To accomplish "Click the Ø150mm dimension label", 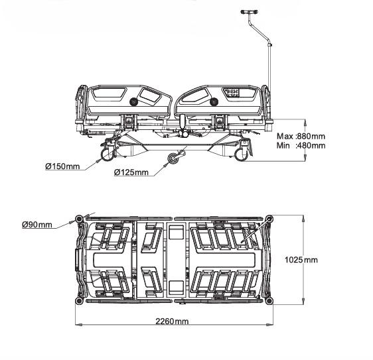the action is (62, 166).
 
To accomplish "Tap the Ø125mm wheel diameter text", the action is (131, 172).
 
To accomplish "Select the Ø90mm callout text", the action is (37, 224).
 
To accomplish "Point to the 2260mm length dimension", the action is (172, 322).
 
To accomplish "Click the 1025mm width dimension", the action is (301, 260).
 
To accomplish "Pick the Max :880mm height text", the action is (301, 136).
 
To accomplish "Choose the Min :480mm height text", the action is (301, 145).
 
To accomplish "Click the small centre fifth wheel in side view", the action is (173, 158).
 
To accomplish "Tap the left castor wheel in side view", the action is (108, 154).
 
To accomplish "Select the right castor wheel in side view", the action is (241, 154).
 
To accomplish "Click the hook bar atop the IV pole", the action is (249, 12).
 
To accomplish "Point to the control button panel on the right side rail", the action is (232, 92).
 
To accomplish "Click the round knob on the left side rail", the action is (133, 102).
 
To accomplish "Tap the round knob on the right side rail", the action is (214, 102).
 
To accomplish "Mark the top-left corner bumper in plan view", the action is (79, 219).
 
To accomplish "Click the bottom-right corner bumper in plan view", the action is (269, 301).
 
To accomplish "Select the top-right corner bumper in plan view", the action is (269, 219).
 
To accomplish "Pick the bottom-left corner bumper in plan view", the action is (79, 301).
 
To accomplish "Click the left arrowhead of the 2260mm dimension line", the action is (78, 324).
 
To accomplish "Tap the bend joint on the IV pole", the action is (269, 44).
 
